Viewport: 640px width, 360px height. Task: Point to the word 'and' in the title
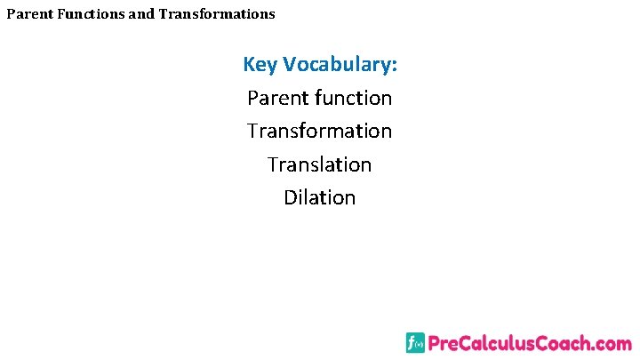[x=142, y=14]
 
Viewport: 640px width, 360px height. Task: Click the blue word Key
[x=261, y=65]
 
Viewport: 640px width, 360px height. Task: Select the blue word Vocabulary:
[x=341, y=65]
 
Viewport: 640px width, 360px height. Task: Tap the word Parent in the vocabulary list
[x=278, y=98]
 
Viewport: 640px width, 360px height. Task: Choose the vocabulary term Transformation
[x=320, y=131]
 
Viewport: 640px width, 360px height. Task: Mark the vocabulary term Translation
[x=320, y=164]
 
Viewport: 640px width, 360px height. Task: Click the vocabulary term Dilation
[x=320, y=197]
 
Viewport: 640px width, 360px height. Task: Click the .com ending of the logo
[x=613, y=344]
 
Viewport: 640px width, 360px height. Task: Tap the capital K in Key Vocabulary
[x=250, y=65]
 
